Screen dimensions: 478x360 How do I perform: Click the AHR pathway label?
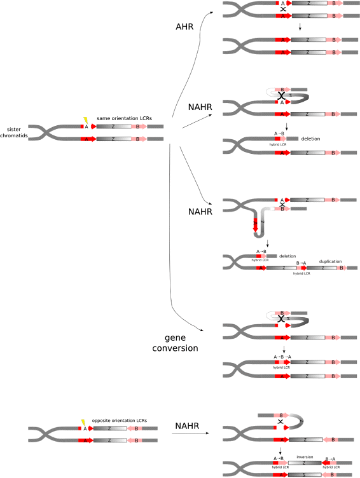click(185, 27)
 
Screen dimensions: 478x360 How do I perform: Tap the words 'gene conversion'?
click(181, 343)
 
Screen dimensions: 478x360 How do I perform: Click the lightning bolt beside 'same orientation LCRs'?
click(85, 119)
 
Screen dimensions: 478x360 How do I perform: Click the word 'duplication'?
click(330, 261)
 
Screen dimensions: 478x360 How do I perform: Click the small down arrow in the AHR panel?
click(299, 27)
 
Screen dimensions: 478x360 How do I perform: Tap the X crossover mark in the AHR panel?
click(282, 10)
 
